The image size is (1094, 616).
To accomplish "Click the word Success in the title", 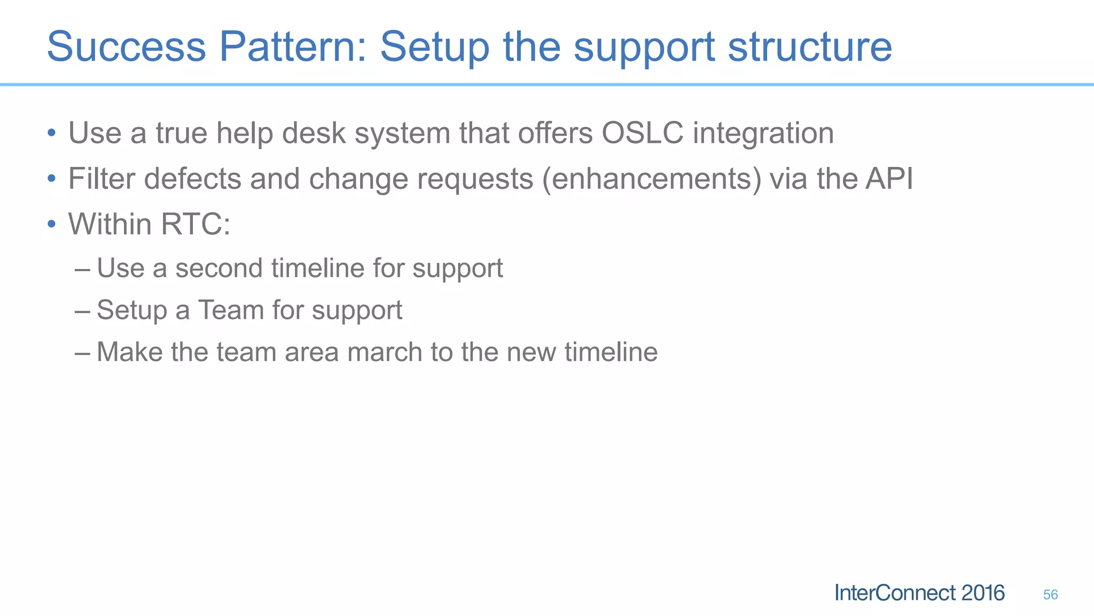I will click(127, 47).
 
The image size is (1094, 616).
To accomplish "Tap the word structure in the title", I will click(810, 47).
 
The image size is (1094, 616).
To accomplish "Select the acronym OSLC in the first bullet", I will click(642, 133).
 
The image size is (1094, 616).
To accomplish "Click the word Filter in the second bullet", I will click(101, 179).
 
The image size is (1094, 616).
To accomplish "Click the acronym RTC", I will click(191, 224).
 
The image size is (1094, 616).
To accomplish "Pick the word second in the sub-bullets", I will click(218, 268).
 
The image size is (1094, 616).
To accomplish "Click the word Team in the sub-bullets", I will click(230, 310).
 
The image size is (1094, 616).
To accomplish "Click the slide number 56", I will click(1050, 595).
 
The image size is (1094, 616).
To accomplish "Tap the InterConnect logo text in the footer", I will click(895, 593).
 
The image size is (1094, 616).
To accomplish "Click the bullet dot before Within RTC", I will click(51, 224).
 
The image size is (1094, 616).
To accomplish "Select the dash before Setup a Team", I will click(83, 311).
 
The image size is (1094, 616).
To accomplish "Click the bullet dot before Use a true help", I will click(51, 133).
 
